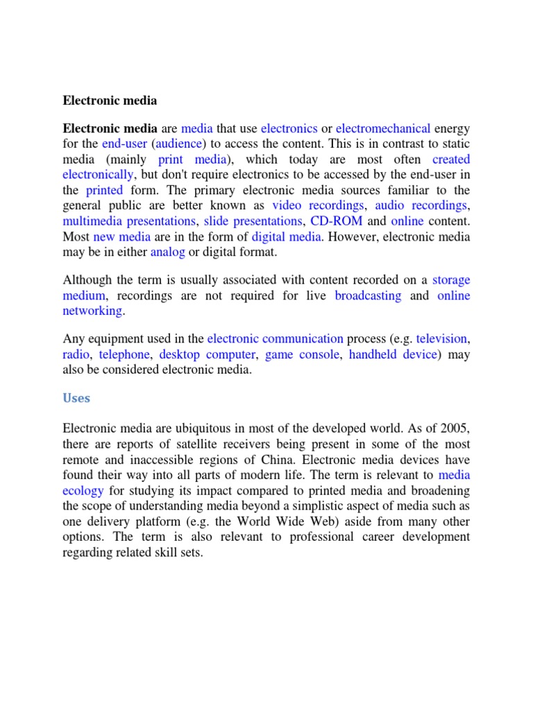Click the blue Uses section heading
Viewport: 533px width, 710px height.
tap(76, 399)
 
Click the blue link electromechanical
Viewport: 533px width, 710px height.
tap(383, 128)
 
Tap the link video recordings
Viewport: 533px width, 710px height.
tap(318, 206)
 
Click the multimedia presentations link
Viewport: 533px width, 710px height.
tap(129, 221)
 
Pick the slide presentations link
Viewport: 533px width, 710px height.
tap(253, 221)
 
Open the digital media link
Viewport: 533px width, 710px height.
tap(286, 236)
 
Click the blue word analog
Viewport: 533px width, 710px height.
tap(167, 252)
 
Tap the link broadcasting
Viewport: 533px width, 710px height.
tap(368, 295)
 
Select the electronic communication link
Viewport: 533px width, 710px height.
tap(276, 338)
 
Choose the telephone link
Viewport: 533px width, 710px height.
tap(124, 354)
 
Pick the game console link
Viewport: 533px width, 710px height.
tap(302, 354)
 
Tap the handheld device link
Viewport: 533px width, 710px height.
tap(393, 354)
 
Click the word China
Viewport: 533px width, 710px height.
tap(284, 459)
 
